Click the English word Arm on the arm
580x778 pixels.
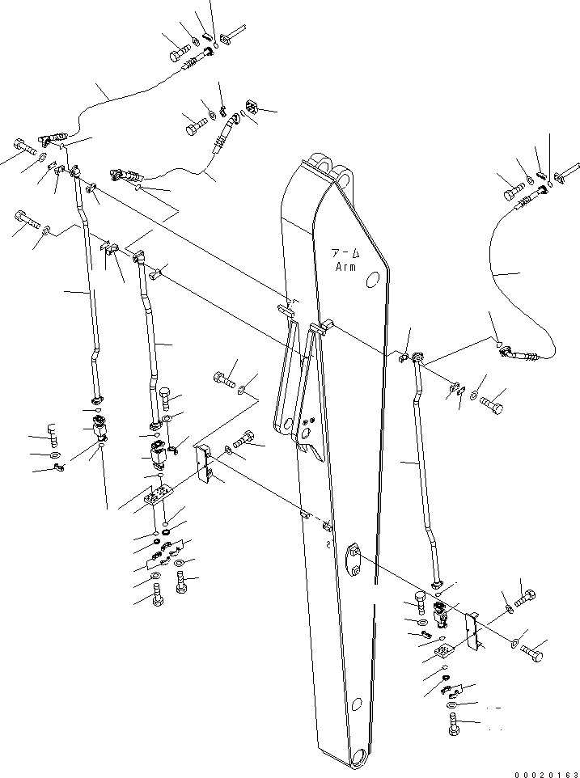(347, 267)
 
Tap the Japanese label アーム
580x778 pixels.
(347, 253)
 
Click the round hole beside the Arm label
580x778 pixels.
(373, 280)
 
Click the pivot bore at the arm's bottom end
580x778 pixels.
(354, 758)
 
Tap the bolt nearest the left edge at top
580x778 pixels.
(23, 148)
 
